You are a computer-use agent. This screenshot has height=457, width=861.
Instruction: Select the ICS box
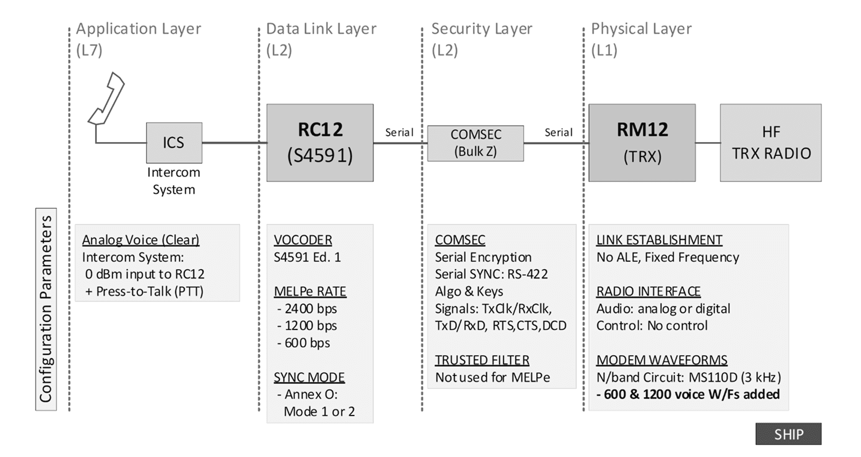174,143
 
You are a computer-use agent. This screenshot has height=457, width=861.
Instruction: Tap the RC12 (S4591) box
320,143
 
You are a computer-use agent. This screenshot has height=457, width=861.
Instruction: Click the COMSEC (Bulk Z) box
475,143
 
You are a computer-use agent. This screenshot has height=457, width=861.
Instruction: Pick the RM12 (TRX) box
642,143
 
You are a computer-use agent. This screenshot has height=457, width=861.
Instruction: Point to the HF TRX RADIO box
770,143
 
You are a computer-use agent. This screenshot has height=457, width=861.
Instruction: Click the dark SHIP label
788,434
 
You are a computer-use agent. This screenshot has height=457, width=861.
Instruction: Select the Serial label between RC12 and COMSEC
399,133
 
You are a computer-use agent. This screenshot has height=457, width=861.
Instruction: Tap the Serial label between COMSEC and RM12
558,133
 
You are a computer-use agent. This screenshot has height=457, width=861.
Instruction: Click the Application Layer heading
138,29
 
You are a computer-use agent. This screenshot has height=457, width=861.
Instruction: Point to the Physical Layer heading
641,29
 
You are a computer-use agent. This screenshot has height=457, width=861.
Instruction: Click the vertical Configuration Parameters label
46,309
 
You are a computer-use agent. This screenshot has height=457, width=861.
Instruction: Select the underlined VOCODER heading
303,240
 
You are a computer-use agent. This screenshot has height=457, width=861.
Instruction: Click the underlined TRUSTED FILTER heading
482,360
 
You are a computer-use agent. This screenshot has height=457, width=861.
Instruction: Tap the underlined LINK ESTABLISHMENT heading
659,240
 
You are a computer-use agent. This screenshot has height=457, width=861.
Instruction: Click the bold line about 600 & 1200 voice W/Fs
688,394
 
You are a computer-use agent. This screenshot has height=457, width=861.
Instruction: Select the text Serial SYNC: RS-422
491,274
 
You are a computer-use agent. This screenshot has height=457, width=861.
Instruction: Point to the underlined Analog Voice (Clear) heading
141,240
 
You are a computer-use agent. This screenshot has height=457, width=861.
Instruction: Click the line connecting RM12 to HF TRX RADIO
708,143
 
